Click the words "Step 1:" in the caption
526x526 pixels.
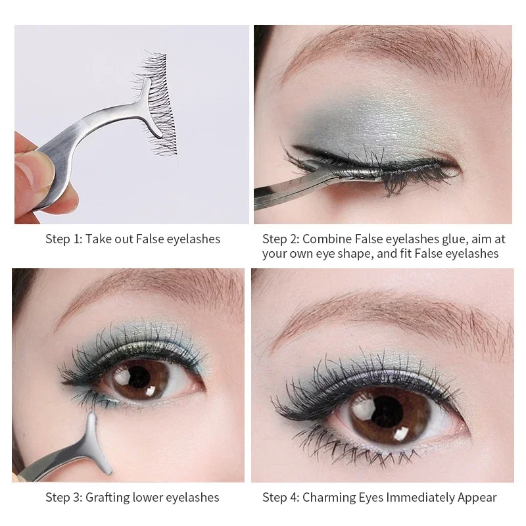point(62,239)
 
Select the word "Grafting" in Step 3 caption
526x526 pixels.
point(107,497)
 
